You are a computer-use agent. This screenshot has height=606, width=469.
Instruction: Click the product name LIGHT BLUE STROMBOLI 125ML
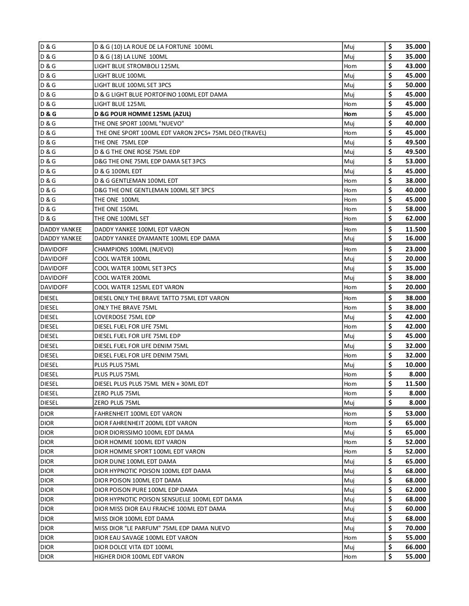click(137, 66)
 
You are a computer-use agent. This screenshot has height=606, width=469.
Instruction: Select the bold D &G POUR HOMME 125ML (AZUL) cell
click(143, 114)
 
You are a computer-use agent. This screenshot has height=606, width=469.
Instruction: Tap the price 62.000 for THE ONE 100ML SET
click(415, 218)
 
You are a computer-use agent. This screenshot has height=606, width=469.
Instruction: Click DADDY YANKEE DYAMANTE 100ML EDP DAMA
click(157, 238)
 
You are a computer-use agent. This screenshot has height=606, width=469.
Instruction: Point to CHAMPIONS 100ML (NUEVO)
click(134, 249)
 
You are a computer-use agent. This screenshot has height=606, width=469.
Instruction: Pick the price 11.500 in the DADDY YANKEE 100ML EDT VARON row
click(415, 229)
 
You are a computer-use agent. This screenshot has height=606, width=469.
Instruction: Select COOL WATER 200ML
click(122, 277)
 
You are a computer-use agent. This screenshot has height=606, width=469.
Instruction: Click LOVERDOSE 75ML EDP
click(125, 317)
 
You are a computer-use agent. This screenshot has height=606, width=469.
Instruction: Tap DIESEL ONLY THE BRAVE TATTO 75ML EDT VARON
click(162, 298)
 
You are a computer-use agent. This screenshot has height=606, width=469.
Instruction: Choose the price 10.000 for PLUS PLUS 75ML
click(415, 365)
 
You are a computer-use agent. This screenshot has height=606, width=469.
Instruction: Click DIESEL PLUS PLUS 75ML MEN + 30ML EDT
click(151, 383)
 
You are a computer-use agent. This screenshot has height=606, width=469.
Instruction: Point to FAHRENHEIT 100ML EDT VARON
click(138, 413)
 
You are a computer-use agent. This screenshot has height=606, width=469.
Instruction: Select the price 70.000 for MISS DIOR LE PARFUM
click(415, 528)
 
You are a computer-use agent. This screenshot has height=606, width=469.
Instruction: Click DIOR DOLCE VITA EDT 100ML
click(134, 547)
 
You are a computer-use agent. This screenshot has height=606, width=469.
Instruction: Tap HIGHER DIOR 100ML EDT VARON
click(139, 556)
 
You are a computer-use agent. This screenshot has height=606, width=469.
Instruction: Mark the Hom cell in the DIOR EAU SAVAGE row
click(350, 537)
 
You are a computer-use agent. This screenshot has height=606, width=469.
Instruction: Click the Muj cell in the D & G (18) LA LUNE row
click(349, 56)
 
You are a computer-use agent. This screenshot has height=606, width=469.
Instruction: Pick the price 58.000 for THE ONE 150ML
click(415, 209)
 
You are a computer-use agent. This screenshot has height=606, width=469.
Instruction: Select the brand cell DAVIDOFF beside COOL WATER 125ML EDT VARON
click(54, 287)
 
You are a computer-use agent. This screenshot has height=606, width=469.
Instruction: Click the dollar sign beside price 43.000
click(390, 66)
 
